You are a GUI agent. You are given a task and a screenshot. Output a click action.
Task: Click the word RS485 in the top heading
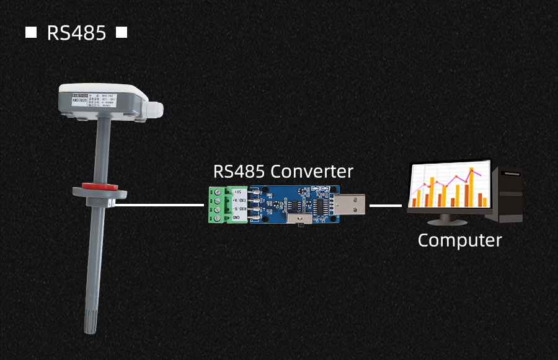(76, 33)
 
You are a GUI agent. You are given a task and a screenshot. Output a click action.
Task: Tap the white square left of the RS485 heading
(30, 32)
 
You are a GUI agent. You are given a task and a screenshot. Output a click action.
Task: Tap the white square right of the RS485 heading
(122, 32)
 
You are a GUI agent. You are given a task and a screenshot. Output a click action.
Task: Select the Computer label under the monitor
(459, 240)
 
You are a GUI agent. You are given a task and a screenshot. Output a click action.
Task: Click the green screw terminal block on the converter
(218, 204)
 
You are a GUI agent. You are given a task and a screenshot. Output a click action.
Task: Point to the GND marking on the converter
(237, 217)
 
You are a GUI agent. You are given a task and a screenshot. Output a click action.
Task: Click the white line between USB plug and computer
(386, 205)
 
